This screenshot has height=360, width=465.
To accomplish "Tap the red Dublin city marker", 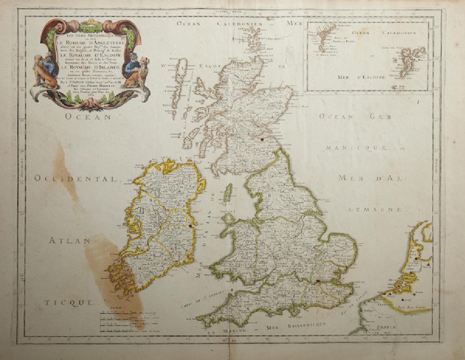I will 191,226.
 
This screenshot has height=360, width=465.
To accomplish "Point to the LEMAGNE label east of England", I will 374,209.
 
